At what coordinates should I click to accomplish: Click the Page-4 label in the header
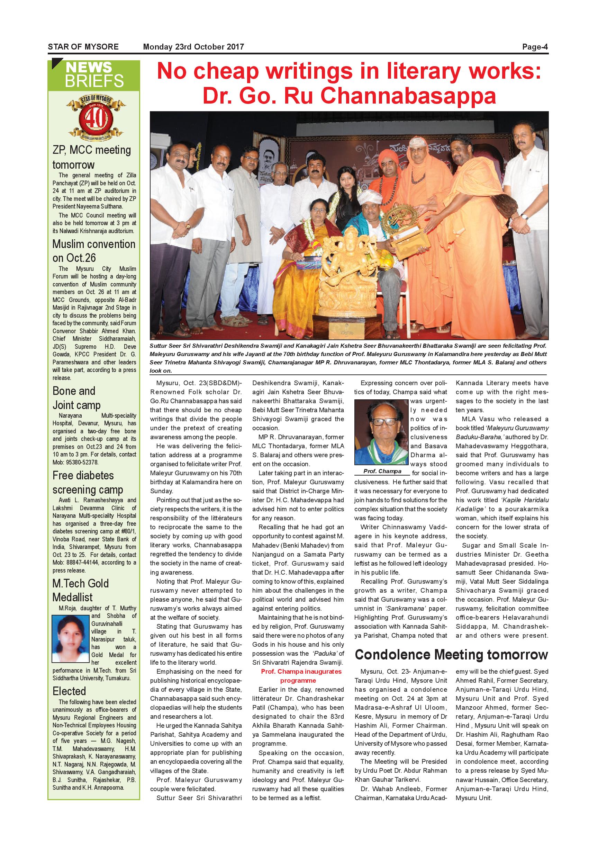(535, 47)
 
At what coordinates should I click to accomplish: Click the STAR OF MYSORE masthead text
(83, 47)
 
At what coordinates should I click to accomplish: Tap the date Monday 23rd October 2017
(193, 47)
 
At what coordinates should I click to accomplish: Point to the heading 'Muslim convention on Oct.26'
(93, 251)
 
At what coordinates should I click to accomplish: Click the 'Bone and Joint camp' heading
(76, 398)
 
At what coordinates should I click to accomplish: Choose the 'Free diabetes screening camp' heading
(88, 482)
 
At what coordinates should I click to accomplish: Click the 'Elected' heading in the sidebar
(69, 691)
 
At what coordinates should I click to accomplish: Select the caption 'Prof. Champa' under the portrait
(382, 471)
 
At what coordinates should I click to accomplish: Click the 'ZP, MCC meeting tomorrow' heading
(92, 157)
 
